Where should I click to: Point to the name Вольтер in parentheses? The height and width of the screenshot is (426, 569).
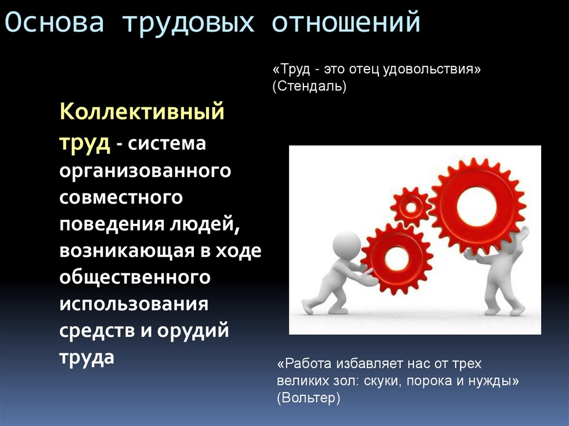point(307,398)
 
